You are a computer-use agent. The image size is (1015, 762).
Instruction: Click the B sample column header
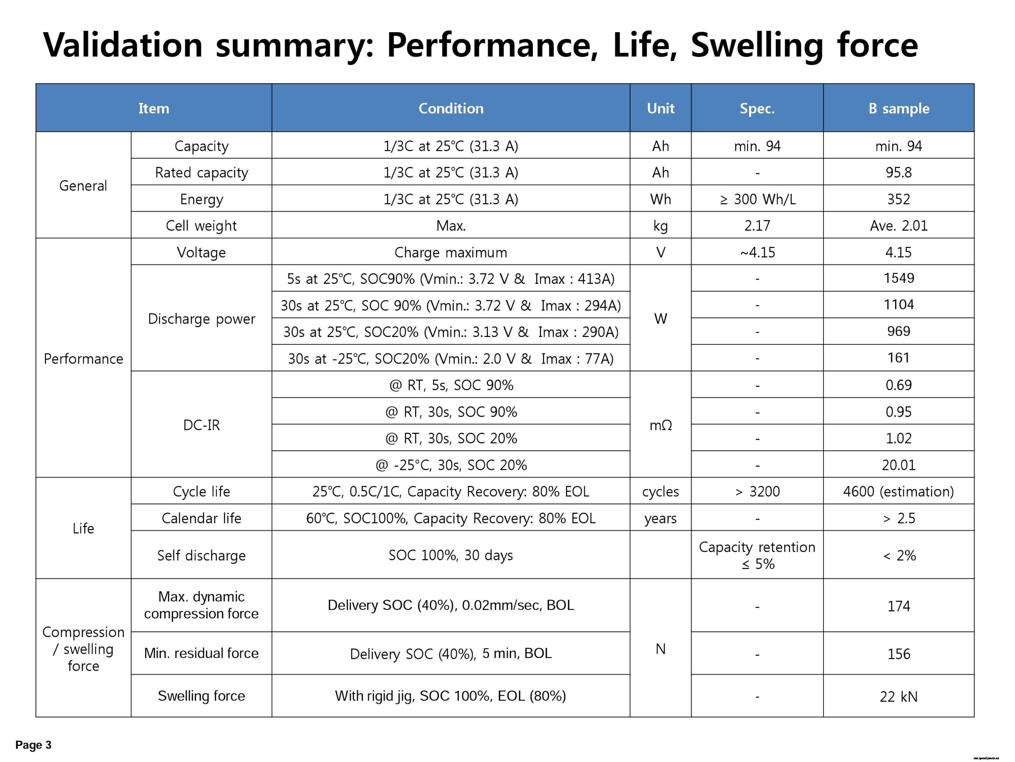[898, 108]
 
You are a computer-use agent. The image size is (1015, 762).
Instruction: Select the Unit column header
[660, 108]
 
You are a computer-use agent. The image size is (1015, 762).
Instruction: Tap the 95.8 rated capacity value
[898, 172]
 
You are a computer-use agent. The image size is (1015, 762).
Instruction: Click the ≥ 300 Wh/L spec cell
[757, 199]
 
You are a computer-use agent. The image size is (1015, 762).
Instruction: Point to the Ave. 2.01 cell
[898, 225]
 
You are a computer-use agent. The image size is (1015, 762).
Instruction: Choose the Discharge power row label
[201, 318]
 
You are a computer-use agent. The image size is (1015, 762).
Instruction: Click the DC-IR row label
[201, 425]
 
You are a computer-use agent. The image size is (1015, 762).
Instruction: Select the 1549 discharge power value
[898, 278]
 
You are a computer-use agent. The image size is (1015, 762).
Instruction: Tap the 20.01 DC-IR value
[898, 465]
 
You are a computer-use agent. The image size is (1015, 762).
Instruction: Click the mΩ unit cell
[660, 425]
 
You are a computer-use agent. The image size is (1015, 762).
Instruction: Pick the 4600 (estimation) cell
[898, 491]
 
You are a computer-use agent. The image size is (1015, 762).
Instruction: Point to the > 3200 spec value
[757, 491]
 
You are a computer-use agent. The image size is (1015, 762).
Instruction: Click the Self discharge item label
[201, 555]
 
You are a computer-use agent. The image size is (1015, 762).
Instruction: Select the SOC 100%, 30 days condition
[450, 555]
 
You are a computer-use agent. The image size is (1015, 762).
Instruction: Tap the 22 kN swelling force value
[898, 697]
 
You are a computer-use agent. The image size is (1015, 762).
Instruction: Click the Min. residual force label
[201, 653]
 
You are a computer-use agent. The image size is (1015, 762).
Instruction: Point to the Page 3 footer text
[33, 745]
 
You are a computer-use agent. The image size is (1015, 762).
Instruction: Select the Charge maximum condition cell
[450, 252]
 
